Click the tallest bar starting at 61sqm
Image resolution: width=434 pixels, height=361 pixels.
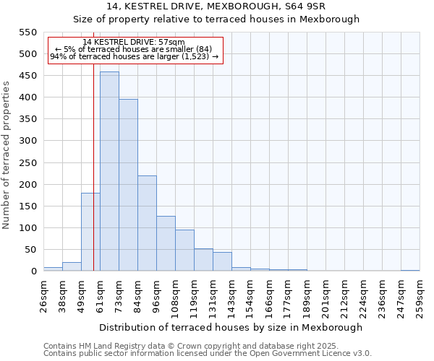pyautogui.click(x=109, y=172)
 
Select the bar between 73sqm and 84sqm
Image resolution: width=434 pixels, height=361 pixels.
pyautogui.click(x=128, y=186)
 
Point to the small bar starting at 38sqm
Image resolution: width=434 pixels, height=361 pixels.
pyautogui.click(x=72, y=266)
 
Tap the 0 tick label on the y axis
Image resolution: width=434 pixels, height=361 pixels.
pyautogui.click(x=33, y=271)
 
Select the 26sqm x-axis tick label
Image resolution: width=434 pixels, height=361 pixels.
pyautogui.click(x=44, y=296)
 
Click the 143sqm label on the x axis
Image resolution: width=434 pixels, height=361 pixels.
pyautogui.click(x=232, y=296)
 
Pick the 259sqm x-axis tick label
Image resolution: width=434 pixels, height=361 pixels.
pyautogui.click(x=420, y=296)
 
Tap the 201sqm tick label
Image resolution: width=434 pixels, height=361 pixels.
pyautogui.click(x=326, y=296)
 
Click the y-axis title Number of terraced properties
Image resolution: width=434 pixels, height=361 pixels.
pyautogui.click(x=7, y=155)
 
